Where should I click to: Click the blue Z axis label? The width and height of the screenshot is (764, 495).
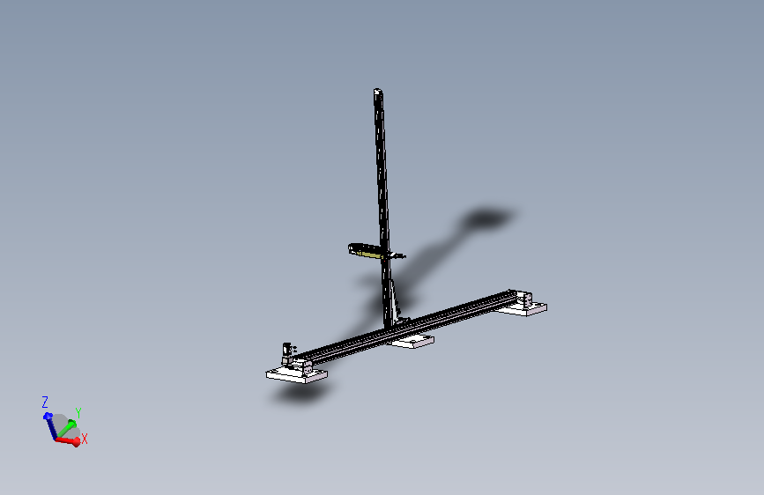pyautogui.click(x=45, y=402)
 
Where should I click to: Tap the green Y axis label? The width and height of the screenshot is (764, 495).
pyautogui.click(x=78, y=413)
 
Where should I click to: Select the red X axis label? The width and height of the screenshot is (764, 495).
pyautogui.click(x=85, y=439)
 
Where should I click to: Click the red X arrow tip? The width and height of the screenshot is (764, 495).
pyautogui.click(x=77, y=442)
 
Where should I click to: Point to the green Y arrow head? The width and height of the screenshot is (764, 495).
pyautogui.click(x=72, y=424)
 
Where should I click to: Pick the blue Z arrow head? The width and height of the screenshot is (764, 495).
pyautogui.click(x=48, y=417)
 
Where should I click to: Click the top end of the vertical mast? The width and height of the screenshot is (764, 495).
pyautogui.click(x=378, y=90)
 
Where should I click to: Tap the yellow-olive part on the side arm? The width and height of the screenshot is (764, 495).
pyautogui.click(x=369, y=252)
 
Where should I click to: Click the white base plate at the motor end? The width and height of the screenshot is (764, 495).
pyautogui.click(x=296, y=375)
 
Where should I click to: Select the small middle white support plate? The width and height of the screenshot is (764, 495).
pyautogui.click(x=412, y=341)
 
